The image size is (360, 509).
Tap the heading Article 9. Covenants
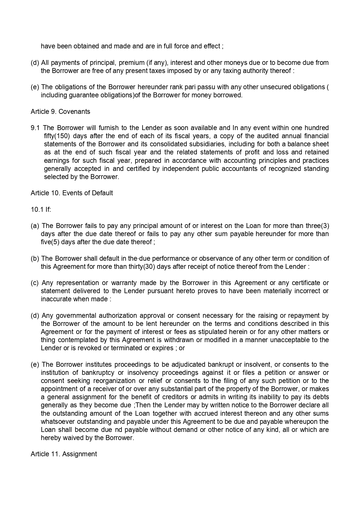60,112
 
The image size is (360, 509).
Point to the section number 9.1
36,128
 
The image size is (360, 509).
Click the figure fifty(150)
57,136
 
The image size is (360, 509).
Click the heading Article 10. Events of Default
72,193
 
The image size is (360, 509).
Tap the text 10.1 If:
41,209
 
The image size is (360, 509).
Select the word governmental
75,315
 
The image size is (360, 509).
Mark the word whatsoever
56,422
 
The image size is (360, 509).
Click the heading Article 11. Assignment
64,454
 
